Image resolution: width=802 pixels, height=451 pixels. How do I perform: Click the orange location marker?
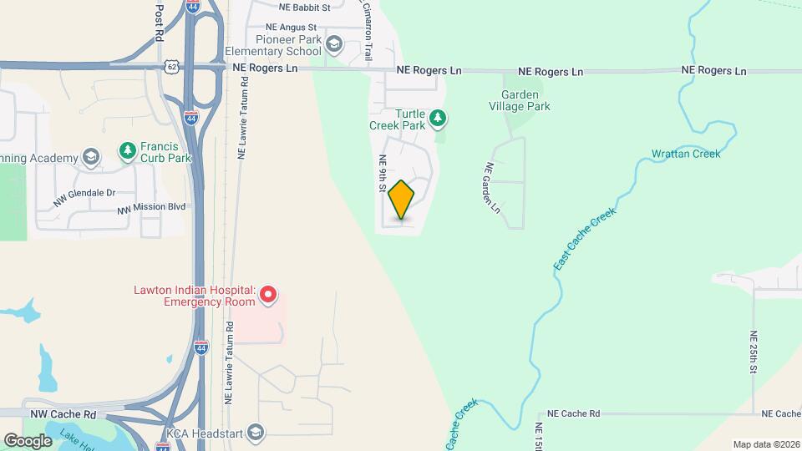[402, 200]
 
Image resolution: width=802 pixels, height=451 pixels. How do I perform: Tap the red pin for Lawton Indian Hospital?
[267, 294]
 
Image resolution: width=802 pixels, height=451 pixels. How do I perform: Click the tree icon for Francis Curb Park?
[127, 151]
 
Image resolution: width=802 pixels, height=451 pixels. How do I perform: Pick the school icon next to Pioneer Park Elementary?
[334, 43]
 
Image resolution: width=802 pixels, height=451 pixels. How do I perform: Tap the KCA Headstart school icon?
[256, 432]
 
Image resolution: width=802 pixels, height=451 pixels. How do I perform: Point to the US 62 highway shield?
[171, 66]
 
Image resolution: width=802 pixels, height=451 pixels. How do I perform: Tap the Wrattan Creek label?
[685, 154]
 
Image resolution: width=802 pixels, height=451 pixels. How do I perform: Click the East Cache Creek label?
[584, 239]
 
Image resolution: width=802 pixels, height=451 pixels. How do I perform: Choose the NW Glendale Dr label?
[83, 195]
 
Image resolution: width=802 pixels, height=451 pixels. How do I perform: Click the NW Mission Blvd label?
[150, 208]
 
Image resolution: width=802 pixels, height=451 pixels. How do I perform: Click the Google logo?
[28, 440]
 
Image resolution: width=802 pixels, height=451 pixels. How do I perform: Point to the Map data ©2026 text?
[766, 444]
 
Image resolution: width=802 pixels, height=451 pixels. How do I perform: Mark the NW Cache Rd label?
[63, 413]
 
